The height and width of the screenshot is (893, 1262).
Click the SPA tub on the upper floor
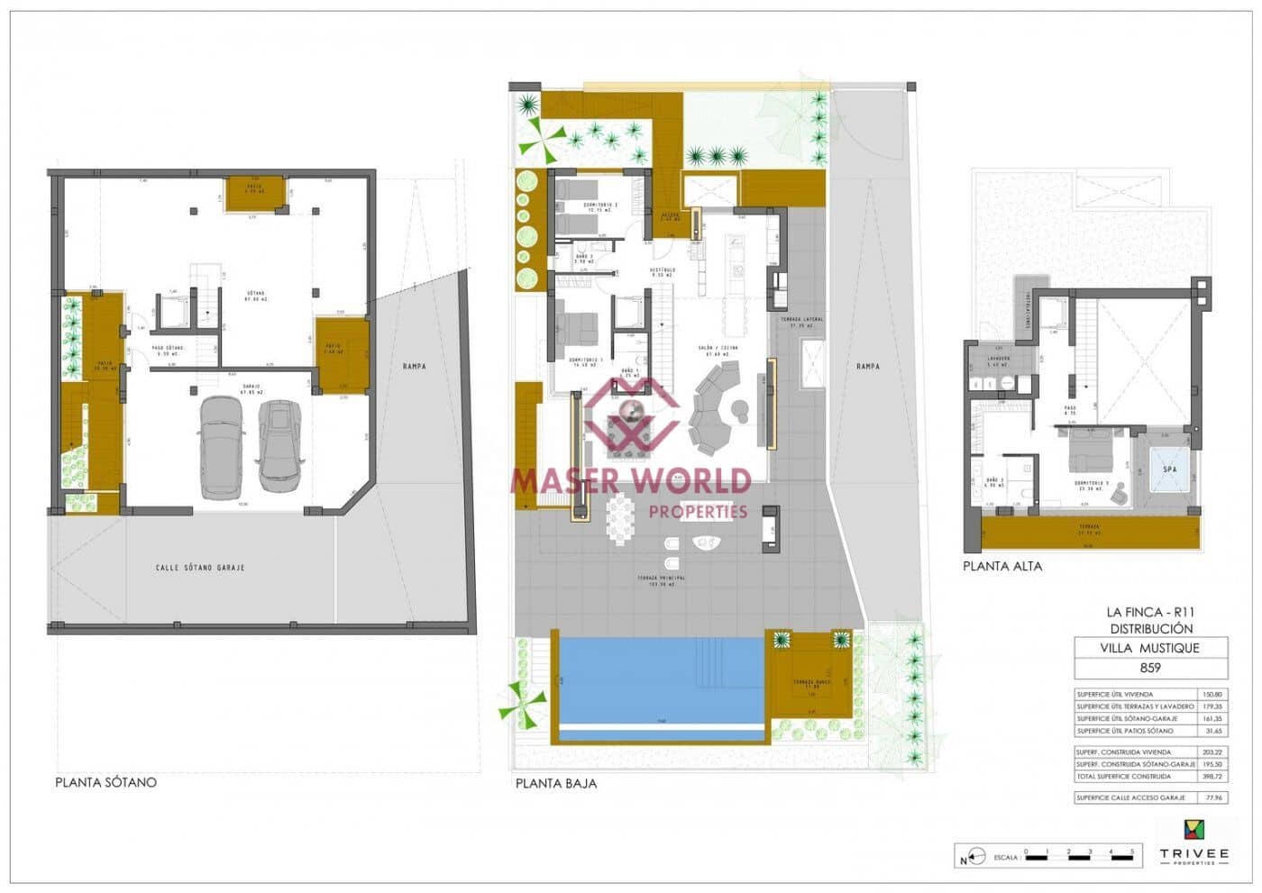(x=1169, y=469)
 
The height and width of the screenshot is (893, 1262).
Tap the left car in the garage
(x=221, y=446)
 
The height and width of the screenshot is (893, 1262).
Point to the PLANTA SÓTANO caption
(x=105, y=782)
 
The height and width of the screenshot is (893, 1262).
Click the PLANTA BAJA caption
(x=555, y=783)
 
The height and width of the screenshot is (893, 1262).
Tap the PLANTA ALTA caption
(x=1001, y=567)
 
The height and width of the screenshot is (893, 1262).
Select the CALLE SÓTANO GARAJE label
(x=200, y=568)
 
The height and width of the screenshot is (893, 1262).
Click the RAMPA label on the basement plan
(x=415, y=367)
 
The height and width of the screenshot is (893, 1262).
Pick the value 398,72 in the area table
(x=1212, y=776)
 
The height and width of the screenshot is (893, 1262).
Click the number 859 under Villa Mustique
(x=1150, y=668)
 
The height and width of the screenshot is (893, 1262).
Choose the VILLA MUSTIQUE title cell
(x=1150, y=647)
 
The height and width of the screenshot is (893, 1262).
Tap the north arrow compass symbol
(x=968, y=856)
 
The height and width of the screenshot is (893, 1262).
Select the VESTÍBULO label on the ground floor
(x=663, y=270)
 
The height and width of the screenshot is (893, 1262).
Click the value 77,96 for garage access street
(x=1212, y=797)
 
